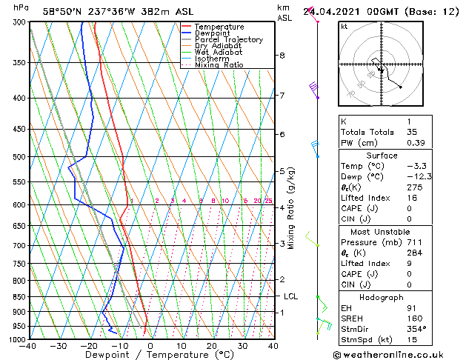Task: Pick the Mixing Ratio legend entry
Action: pos(219,65)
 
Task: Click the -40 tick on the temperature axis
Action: pos(29,346)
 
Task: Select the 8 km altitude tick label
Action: pos(282,56)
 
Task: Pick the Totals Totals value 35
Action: pos(413,132)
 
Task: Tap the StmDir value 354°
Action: pos(416,329)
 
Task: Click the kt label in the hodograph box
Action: pos(344,27)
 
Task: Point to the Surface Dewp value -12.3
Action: pos(419,176)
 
